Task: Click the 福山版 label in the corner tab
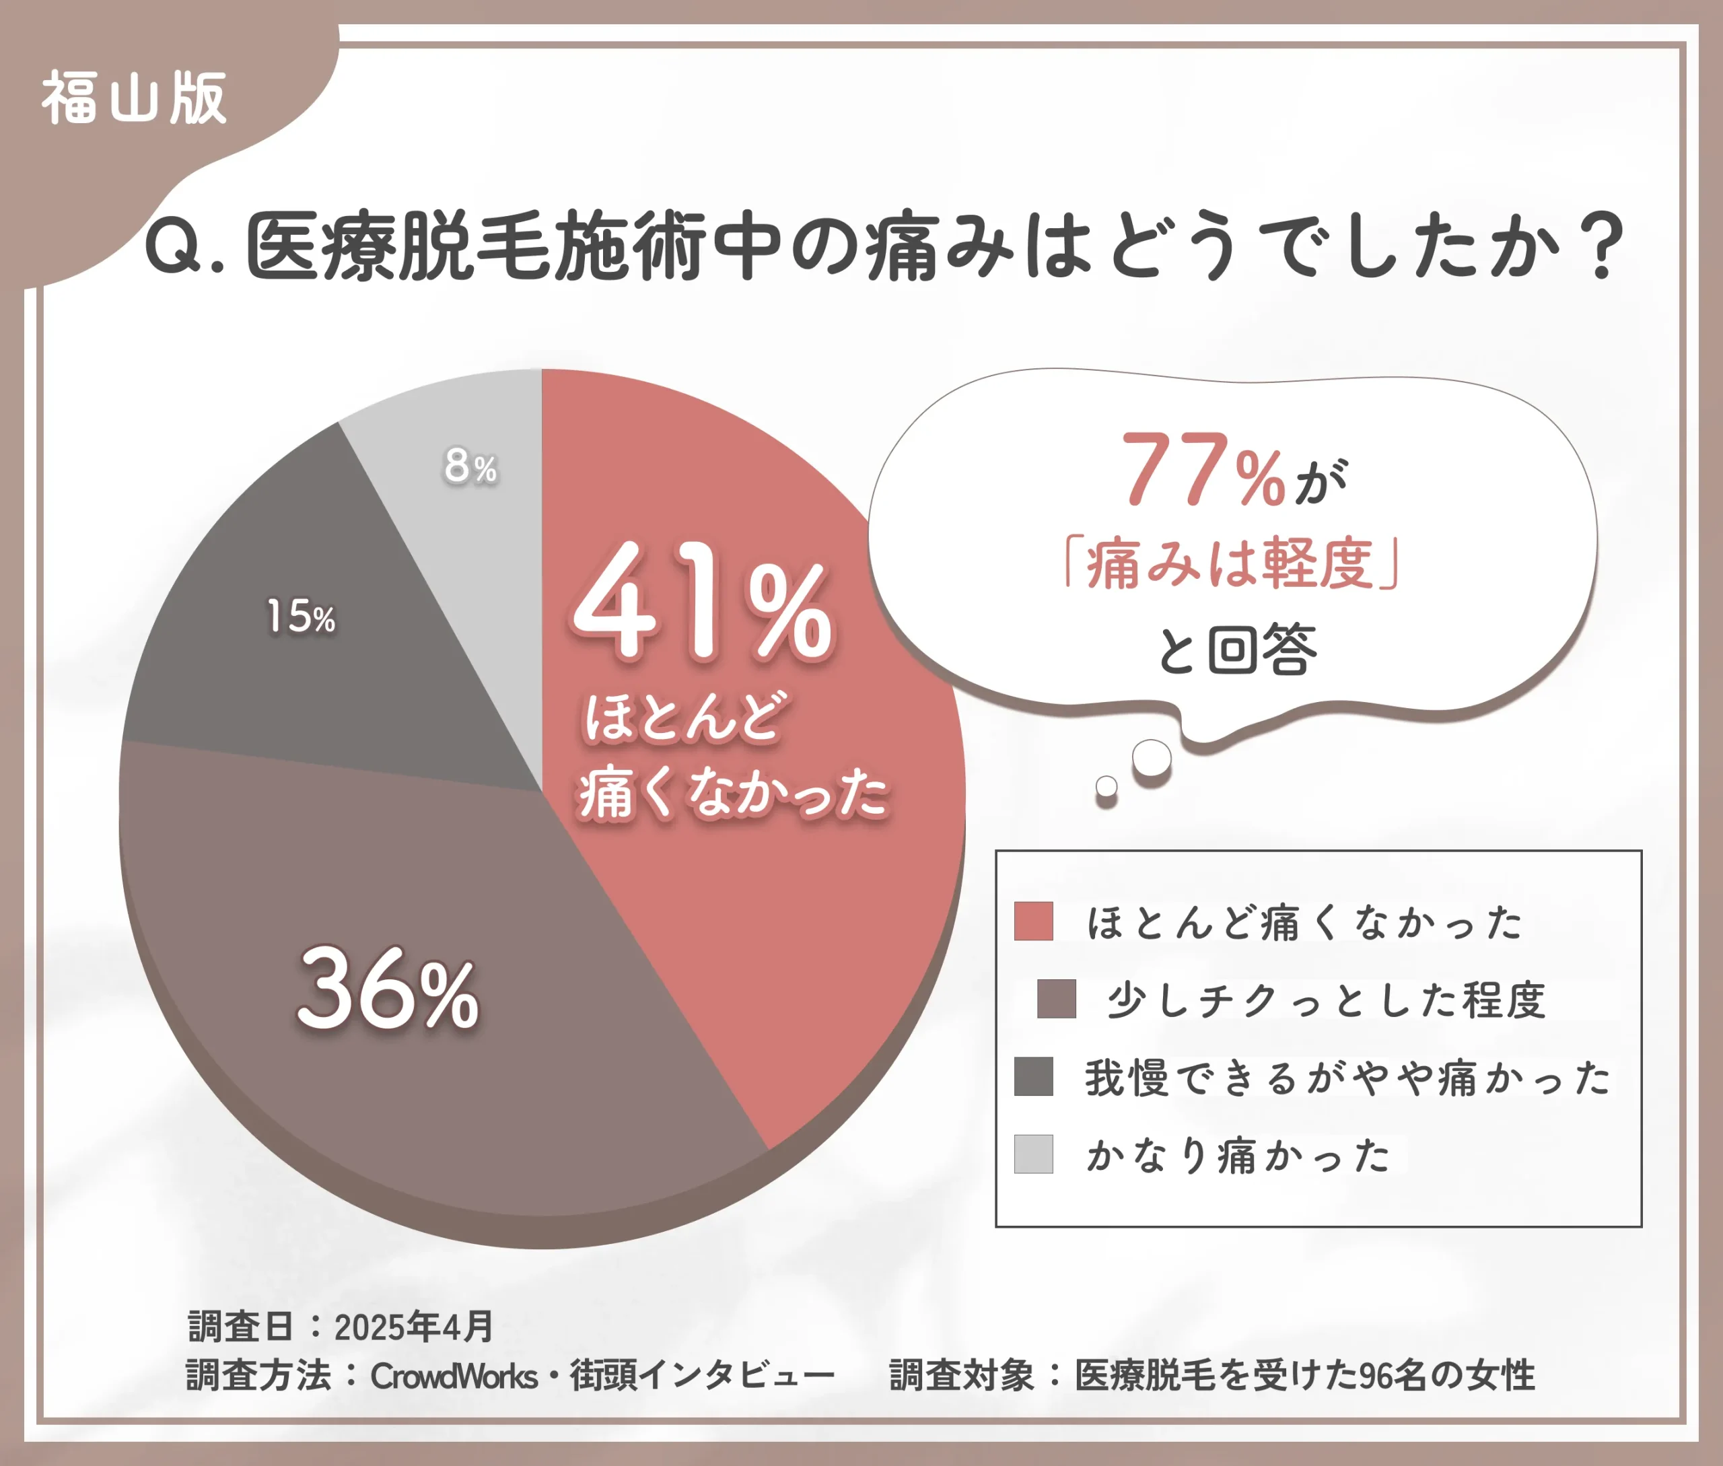(x=134, y=98)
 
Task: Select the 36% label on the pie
(x=387, y=989)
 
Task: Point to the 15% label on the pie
(x=300, y=617)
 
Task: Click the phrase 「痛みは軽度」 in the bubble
(x=1232, y=564)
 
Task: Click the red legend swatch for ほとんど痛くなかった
(x=1033, y=921)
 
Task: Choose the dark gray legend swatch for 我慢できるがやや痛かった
(x=1033, y=1076)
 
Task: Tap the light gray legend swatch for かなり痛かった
(x=1033, y=1154)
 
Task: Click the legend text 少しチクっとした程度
(x=1326, y=999)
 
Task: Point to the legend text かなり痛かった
(x=1238, y=1155)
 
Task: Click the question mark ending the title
(x=1603, y=248)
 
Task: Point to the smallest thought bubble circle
(x=1106, y=786)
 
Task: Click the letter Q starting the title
(x=173, y=249)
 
